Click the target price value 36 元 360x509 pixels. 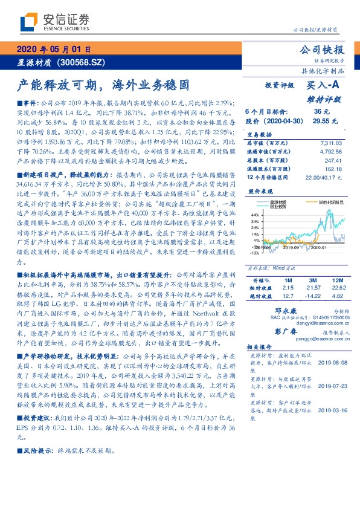tap(321, 111)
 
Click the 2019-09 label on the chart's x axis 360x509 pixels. tap(291, 247)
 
